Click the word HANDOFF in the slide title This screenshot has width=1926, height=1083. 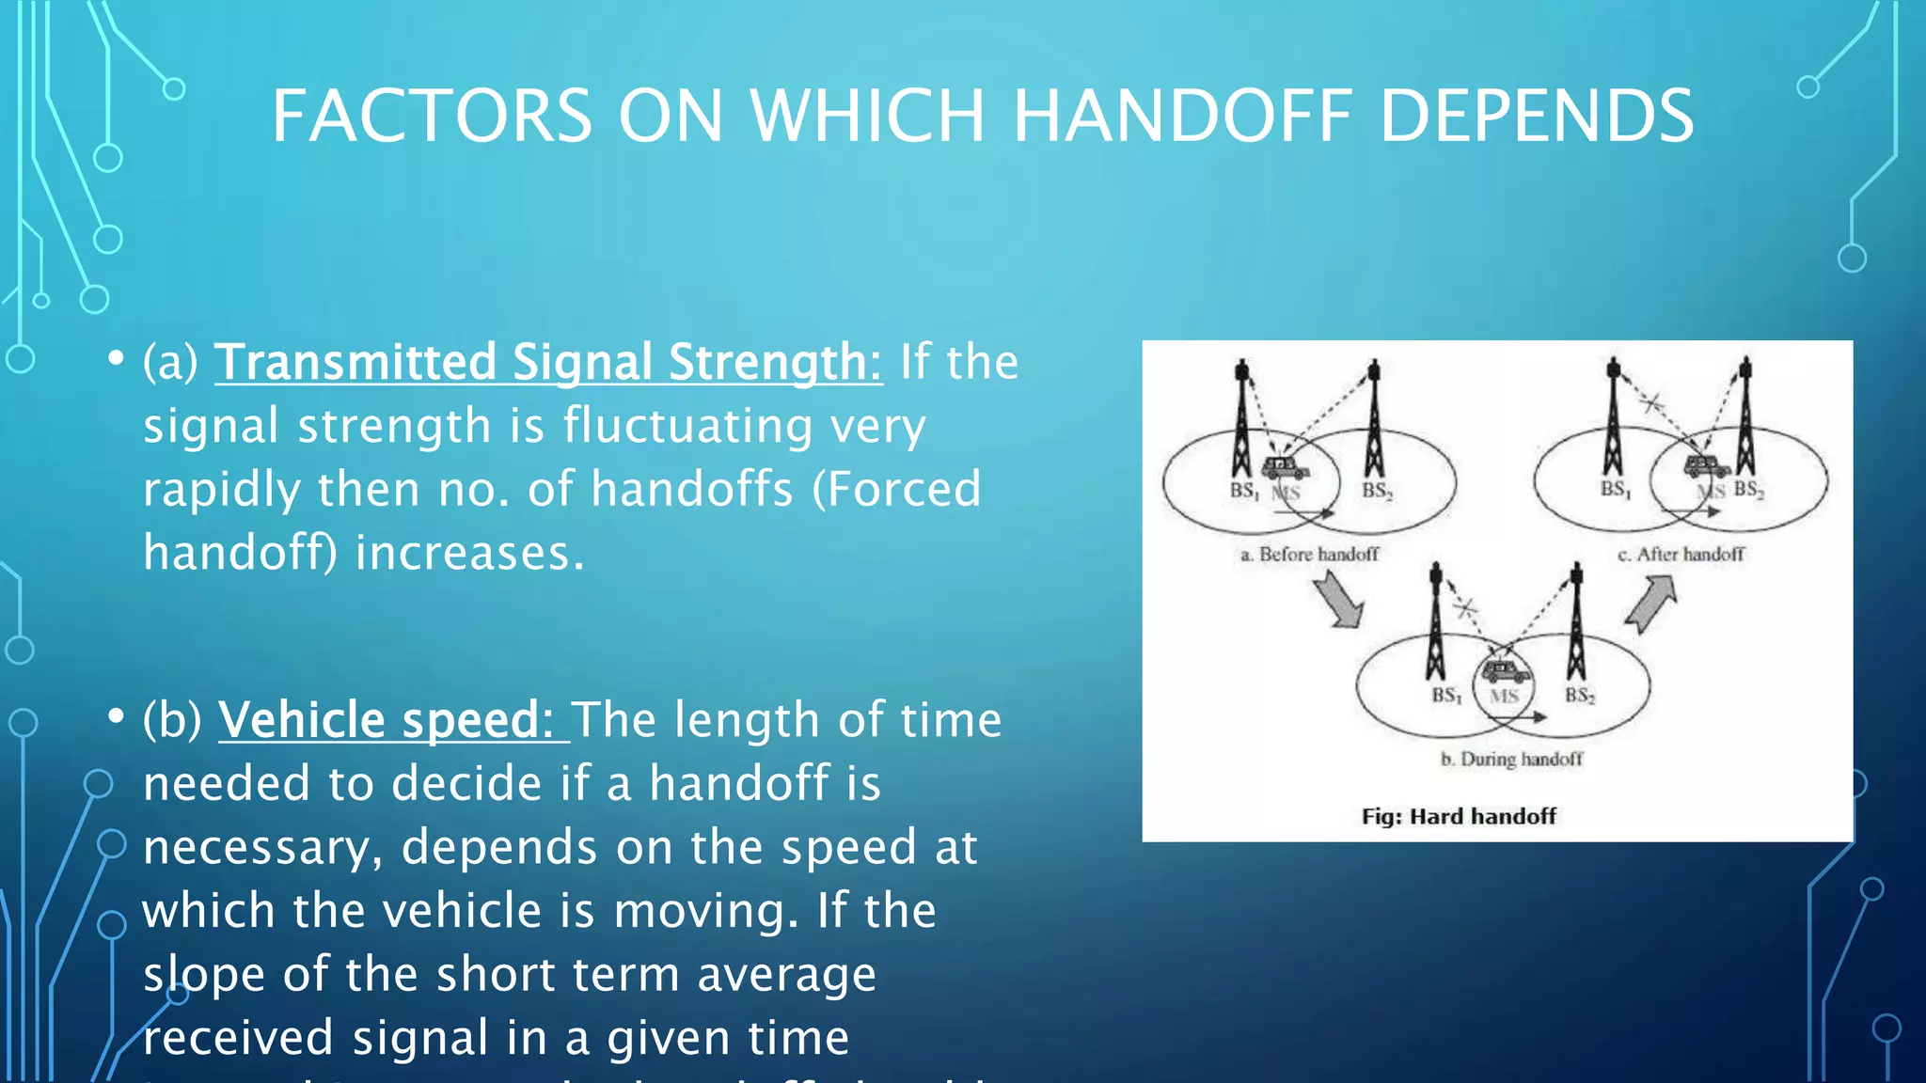1182,117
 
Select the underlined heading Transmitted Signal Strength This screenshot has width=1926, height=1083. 548,362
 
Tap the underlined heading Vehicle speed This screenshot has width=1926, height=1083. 394,720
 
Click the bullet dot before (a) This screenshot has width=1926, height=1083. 116,358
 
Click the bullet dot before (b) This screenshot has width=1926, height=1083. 116,716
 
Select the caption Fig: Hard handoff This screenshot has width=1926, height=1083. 1459,816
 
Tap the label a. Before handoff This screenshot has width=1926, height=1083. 1309,555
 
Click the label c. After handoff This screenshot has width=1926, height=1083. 1681,555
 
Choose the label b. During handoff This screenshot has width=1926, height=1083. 1511,759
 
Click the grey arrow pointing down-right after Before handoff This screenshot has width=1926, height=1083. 1337,602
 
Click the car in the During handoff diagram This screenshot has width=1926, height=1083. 1505,671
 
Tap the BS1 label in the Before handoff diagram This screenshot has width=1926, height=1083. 1243,491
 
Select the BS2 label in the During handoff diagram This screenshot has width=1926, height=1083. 1579,696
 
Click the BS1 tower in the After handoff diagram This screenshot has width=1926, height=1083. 1614,418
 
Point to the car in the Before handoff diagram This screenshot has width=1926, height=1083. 1285,467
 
